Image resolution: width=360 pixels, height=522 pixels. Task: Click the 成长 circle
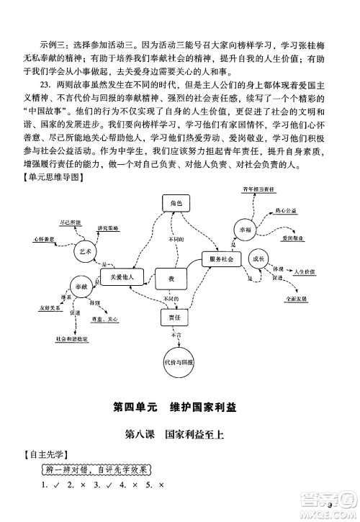tap(256, 258)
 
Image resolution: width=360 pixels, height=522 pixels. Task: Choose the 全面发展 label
tap(295, 297)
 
